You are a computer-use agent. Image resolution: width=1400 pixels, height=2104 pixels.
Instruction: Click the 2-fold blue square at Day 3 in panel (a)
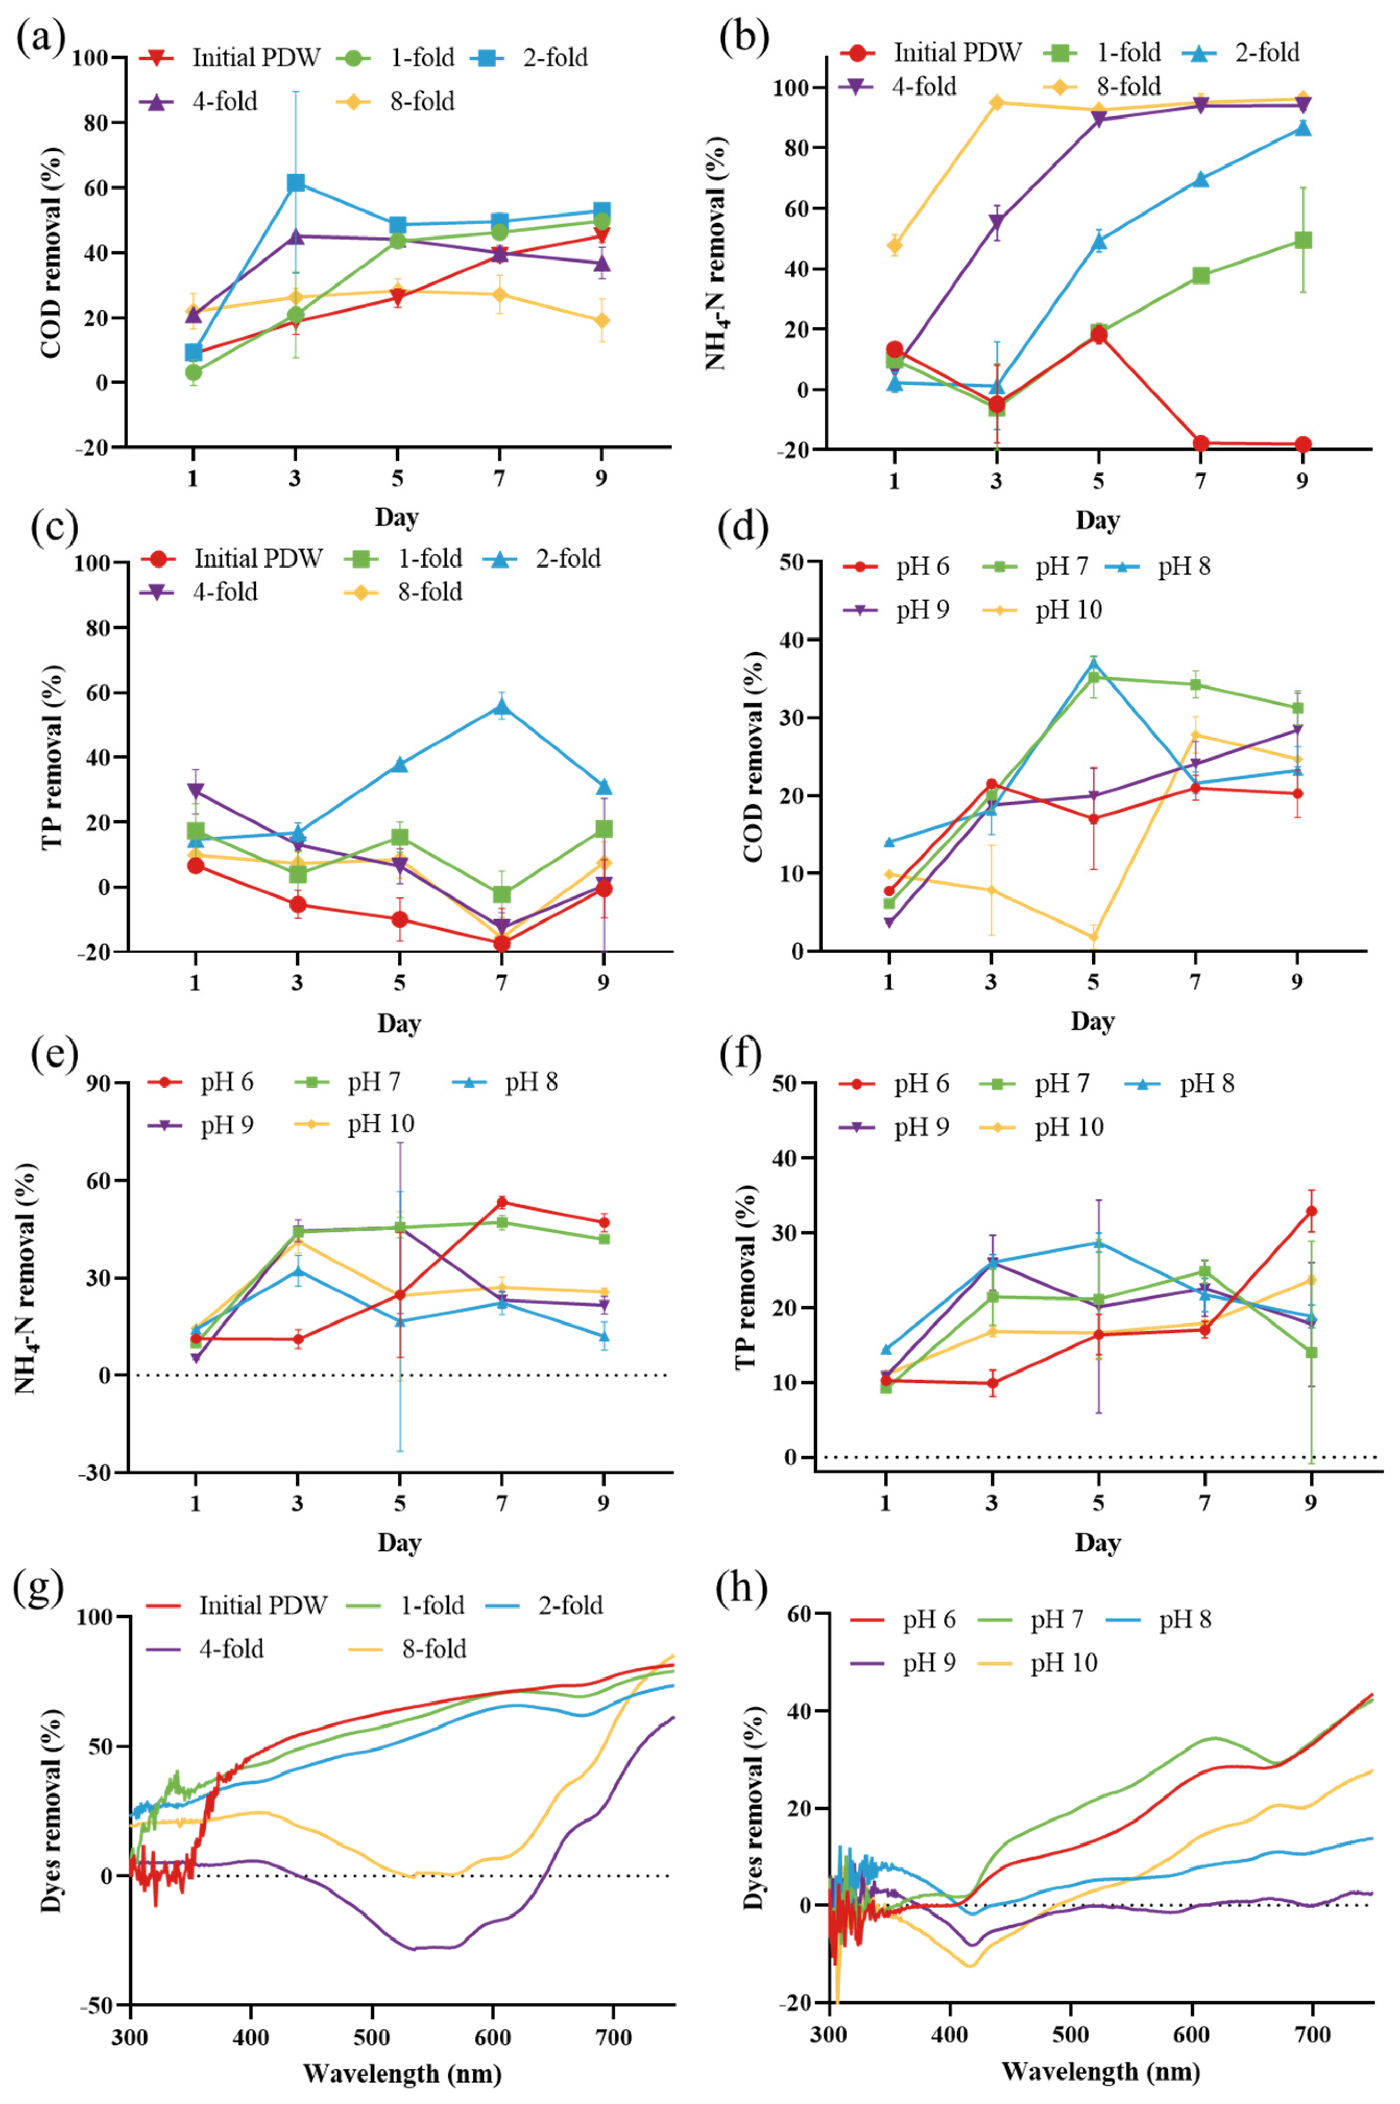pos(296,183)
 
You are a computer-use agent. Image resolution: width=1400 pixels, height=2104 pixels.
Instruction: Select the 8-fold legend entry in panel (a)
pos(396,101)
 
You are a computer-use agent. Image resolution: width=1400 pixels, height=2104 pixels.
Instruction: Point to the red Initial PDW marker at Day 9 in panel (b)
pos(1302,445)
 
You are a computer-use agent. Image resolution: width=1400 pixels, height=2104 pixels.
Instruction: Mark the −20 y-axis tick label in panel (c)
pos(98,952)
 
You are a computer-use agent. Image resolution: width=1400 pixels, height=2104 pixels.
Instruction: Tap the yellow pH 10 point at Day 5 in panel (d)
pos(1093,937)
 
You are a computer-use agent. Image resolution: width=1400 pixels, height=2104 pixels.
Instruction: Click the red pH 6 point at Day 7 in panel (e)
pos(502,1202)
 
